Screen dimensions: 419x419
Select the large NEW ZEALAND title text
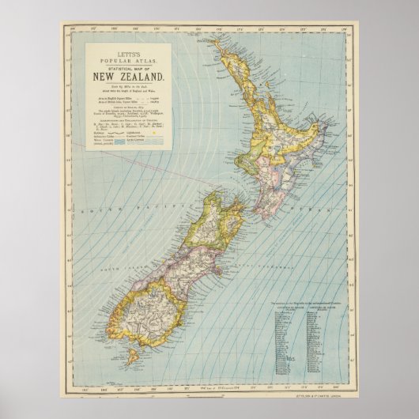[x=129, y=76]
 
